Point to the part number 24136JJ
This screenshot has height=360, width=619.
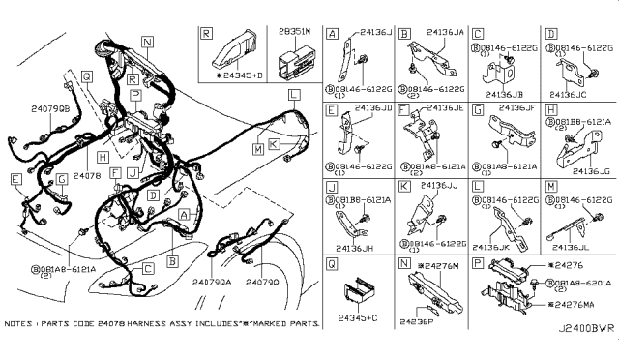(440, 187)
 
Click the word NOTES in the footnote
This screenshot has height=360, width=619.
(19, 327)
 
